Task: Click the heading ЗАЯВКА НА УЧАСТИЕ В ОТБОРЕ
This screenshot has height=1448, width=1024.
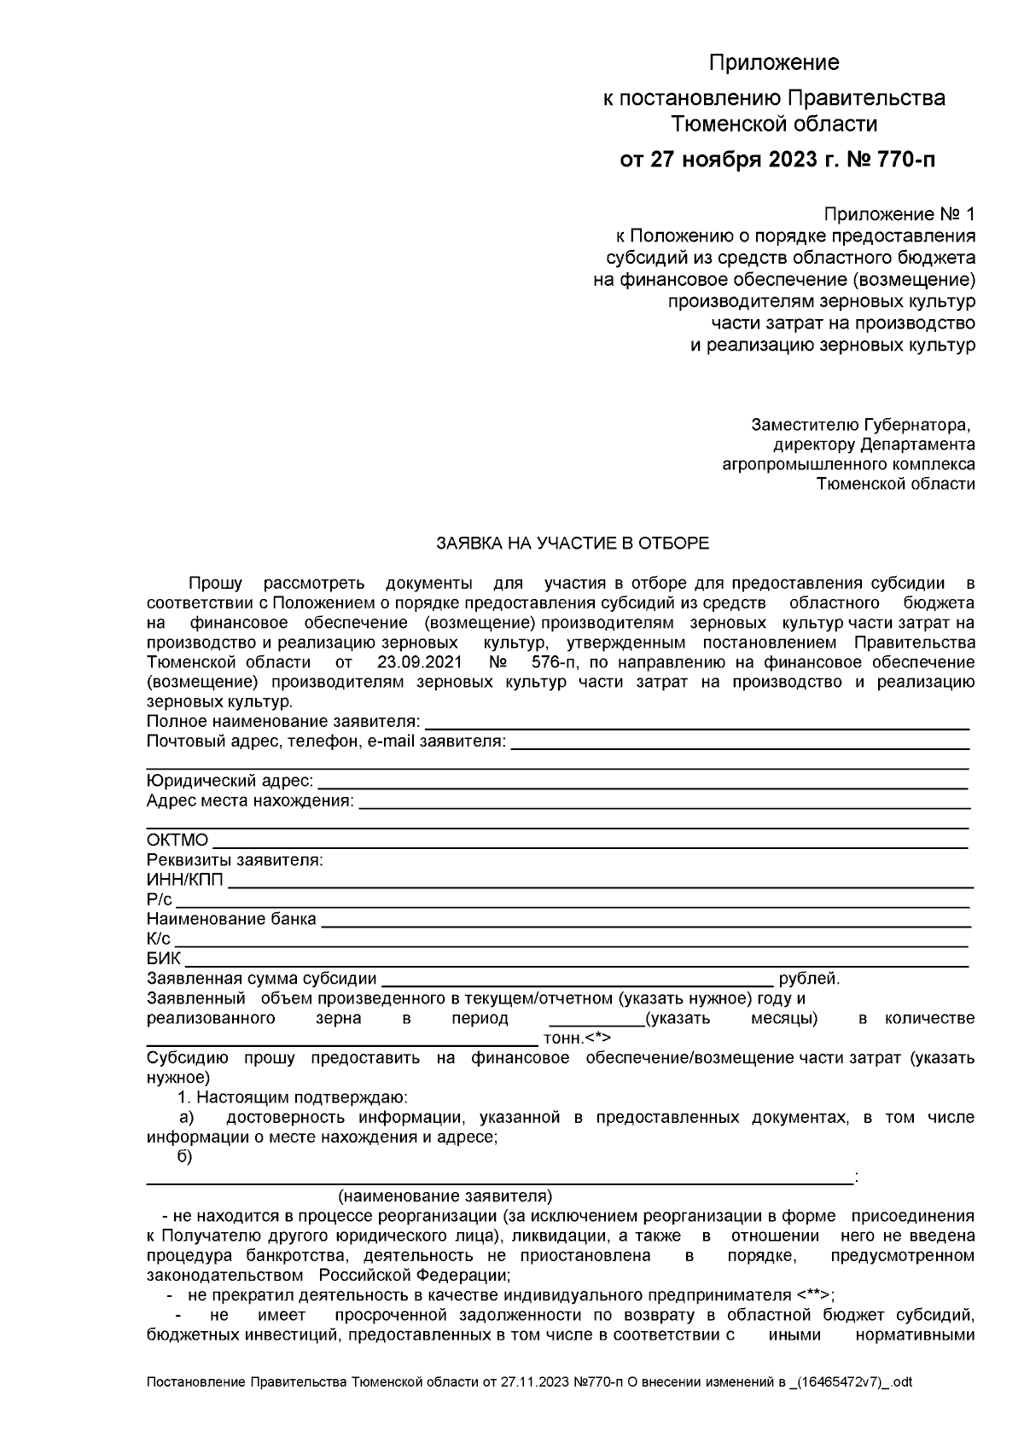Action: point(572,543)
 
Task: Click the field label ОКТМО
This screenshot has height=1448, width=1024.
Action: point(177,840)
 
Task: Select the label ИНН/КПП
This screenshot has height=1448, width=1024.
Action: point(184,880)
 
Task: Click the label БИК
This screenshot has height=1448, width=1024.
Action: point(163,958)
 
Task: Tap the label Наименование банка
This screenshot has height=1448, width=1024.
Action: point(231,919)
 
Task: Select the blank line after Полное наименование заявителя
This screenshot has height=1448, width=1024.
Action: point(695,724)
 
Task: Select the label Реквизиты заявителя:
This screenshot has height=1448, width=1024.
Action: point(235,860)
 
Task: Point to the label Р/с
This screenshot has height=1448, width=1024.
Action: point(159,899)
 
